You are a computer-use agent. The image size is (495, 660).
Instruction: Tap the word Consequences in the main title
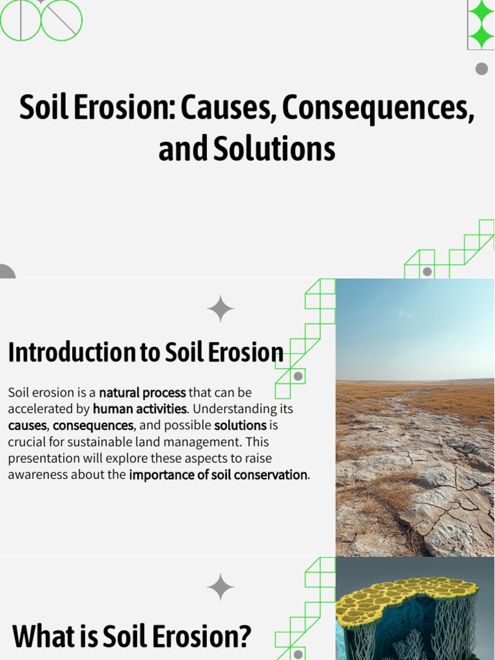pyautogui.click(x=378, y=108)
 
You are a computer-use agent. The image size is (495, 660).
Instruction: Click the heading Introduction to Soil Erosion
pyautogui.click(x=146, y=353)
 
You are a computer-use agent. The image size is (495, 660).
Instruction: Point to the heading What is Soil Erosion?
pyautogui.click(x=131, y=636)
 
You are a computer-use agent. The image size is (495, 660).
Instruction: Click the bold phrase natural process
pyautogui.click(x=142, y=393)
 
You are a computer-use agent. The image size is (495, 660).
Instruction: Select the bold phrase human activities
pyautogui.click(x=139, y=409)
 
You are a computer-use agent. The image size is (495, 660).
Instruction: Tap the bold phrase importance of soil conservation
pyautogui.click(x=218, y=475)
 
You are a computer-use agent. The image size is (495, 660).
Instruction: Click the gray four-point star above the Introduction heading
pyautogui.click(x=220, y=309)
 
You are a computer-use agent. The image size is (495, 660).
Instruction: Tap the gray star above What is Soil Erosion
pyautogui.click(x=220, y=587)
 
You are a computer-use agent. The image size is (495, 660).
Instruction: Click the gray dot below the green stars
pyautogui.click(x=481, y=69)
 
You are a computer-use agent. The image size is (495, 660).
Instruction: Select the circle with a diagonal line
pyautogui.click(x=62, y=20)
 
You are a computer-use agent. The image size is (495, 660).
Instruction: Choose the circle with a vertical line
pyautogui.click(x=21, y=20)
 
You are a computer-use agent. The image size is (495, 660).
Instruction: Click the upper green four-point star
pyautogui.click(x=481, y=12)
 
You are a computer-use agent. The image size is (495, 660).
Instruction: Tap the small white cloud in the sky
pyautogui.click(x=405, y=314)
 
